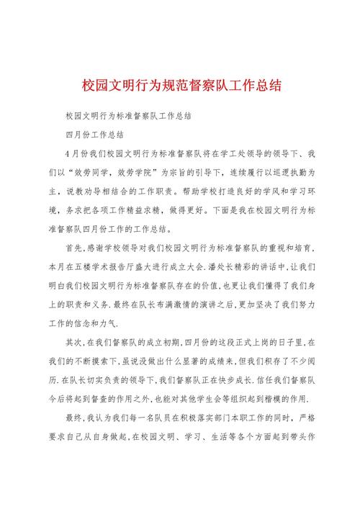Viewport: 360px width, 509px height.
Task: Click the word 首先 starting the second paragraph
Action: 73,247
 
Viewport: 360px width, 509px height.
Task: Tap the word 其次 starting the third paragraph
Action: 73,342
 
